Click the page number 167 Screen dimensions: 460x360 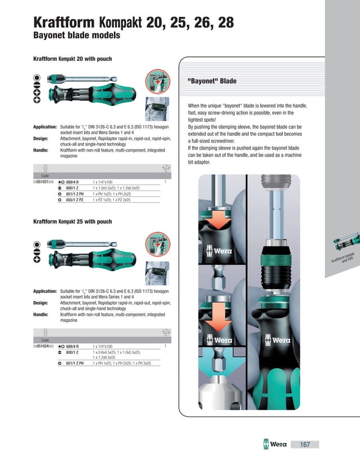pyautogui.click(x=305, y=445)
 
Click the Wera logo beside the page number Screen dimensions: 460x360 pyautogui.click(x=275, y=445)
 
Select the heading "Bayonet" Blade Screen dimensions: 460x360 pyautogui.click(x=212, y=81)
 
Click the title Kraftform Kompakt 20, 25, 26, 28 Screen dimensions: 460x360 pyautogui.click(x=133, y=23)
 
